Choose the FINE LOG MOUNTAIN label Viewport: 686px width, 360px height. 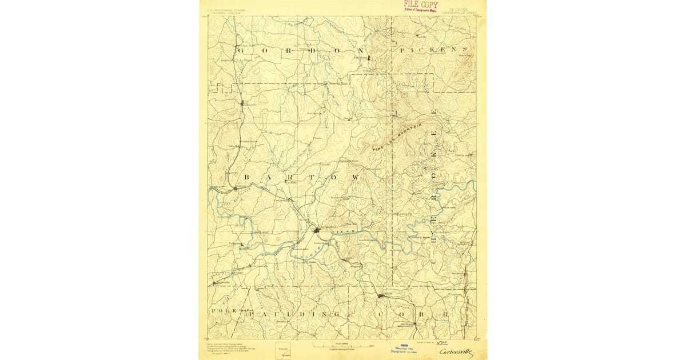pyautogui.click(x=397, y=138)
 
